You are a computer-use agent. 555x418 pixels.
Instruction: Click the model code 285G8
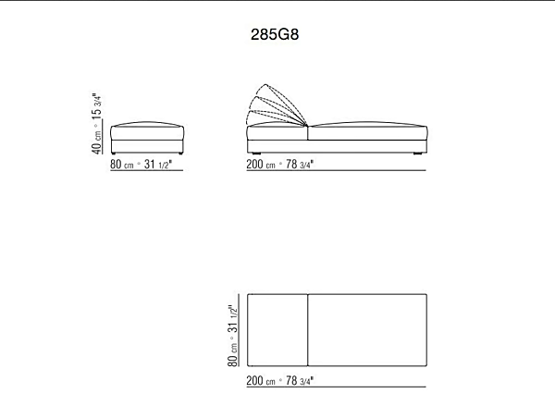coord(275,34)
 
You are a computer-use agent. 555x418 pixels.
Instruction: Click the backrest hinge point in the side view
coord(307,126)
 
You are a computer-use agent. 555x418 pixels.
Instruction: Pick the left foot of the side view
coord(256,154)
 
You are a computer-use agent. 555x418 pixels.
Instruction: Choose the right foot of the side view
coord(418,154)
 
